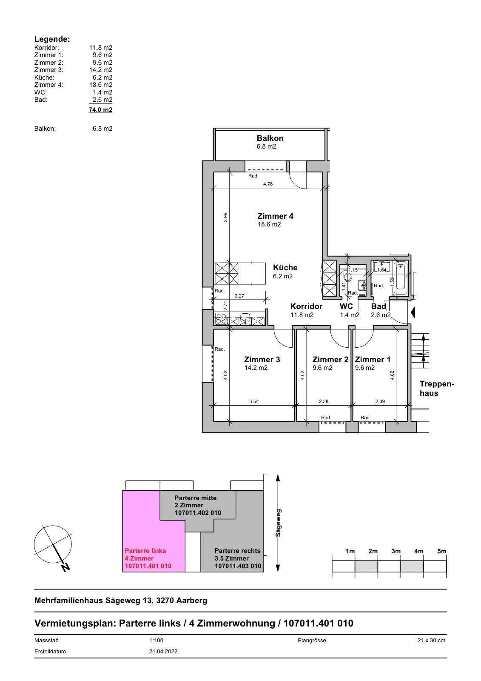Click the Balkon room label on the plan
[270, 138]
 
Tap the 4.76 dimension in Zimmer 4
[268, 184]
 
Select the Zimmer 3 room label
[262, 360]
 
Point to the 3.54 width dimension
[254, 401]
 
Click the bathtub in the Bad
[401, 279]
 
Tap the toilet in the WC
[348, 277]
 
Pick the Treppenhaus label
[437, 389]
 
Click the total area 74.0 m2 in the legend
[100, 110]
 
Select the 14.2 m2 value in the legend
[100, 70]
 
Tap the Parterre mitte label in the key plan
[195, 498]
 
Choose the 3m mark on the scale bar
[396, 551]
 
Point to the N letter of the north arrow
[65, 567]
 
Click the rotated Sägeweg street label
[278, 523]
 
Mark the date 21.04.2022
[163, 652]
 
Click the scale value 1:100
[156, 640]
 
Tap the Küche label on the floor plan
[285, 268]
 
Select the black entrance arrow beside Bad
[413, 312]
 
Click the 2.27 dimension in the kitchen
[239, 296]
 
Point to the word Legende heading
[52, 39]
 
